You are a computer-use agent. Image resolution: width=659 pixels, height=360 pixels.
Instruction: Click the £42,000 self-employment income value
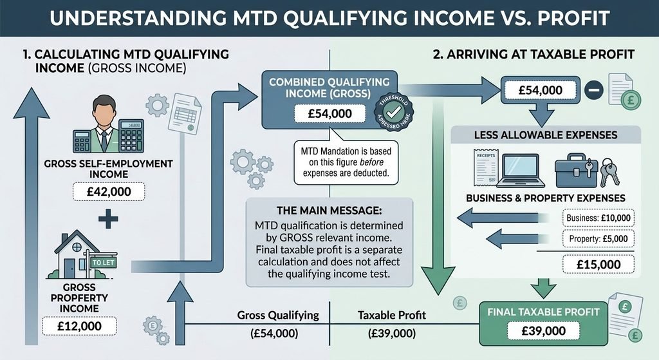pos(109,192)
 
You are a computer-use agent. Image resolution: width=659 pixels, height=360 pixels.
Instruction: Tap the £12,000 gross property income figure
pos(79,326)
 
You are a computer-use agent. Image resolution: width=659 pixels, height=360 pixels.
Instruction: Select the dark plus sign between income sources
pos(108,218)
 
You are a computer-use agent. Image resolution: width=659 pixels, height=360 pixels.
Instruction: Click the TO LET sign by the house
pos(103,262)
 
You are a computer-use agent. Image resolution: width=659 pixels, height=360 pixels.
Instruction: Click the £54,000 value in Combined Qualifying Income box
pos(330,113)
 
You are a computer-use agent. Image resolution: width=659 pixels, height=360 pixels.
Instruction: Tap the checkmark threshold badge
pos(394,112)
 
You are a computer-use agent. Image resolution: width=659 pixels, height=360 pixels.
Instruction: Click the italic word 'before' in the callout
pos(371,162)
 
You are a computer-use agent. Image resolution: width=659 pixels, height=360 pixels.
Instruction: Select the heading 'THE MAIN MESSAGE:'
pos(329,211)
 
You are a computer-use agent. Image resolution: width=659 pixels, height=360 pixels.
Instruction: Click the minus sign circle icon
pos(593,90)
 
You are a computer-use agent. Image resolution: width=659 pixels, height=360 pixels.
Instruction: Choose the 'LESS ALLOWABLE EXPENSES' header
pos(546,135)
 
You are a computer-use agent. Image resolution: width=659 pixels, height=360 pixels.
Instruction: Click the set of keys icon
pos(609,173)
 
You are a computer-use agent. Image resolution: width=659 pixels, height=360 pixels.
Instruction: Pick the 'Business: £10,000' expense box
pos(598,218)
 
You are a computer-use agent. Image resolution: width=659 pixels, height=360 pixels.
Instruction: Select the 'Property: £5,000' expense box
pos(598,239)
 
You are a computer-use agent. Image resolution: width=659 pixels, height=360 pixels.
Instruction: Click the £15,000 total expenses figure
pos(599,265)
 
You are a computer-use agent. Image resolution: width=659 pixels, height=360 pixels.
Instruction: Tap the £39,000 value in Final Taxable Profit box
pos(543,331)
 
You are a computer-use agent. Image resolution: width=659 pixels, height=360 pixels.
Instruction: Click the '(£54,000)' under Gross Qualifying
pos(274,334)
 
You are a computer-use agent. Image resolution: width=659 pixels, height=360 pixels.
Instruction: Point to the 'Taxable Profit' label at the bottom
pos(392,315)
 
